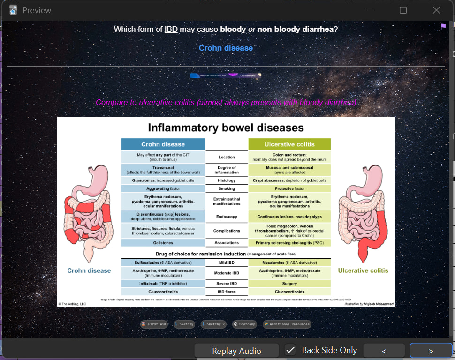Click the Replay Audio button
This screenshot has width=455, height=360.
[x=236, y=351]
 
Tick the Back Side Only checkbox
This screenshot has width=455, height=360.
[x=291, y=350]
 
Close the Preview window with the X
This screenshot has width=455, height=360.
[x=436, y=10]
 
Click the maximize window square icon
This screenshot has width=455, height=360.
[x=403, y=10]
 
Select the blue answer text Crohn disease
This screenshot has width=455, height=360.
[x=226, y=48]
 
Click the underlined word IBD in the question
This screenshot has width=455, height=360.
[x=171, y=29]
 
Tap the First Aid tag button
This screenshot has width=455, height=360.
[x=154, y=324]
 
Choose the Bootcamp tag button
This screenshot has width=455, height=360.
[x=244, y=324]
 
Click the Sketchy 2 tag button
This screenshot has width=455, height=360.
[x=213, y=324]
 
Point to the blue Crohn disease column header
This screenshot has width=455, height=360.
[x=163, y=144]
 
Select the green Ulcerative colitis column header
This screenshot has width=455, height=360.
[x=289, y=144]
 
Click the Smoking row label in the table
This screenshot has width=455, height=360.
[x=227, y=189]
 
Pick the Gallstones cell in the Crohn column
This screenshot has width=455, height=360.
[x=163, y=243]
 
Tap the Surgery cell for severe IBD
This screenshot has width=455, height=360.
[x=289, y=284]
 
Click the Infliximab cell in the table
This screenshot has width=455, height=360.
[x=163, y=284]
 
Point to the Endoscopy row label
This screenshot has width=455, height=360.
[x=227, y=217]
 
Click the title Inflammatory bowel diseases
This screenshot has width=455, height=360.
[x=226, y=127]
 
